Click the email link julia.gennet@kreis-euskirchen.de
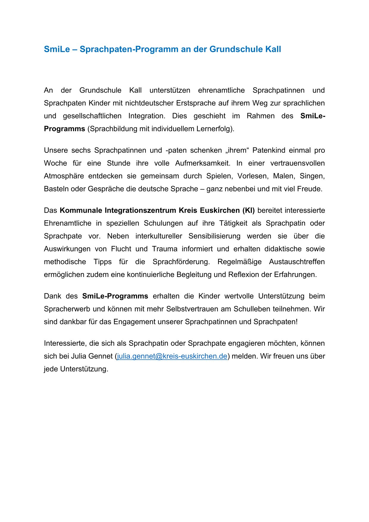(x=172, y=356)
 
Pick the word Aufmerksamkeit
(x=202, y=163)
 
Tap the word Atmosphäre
(x=64, y=176)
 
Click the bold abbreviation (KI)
(x=248, y=211)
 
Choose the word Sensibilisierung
(x=214, y=236)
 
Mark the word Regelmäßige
(x=240, y=262)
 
